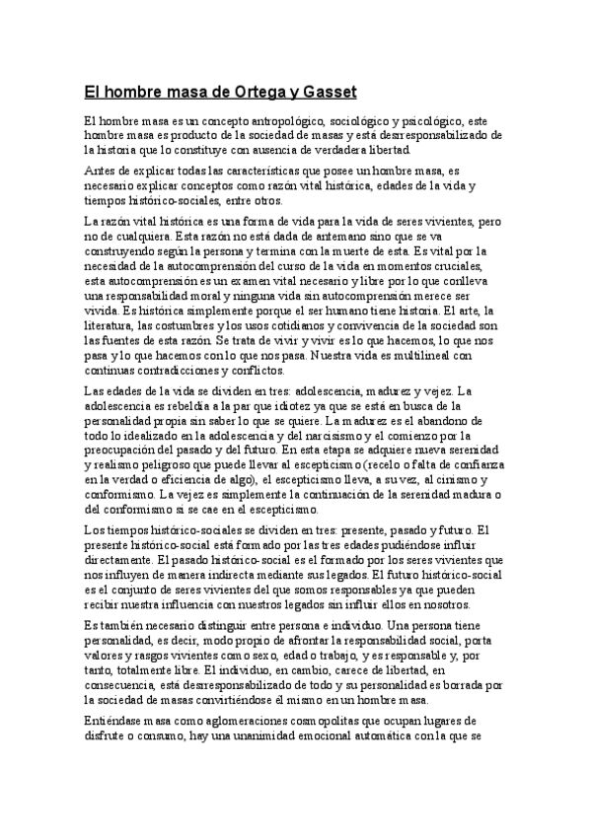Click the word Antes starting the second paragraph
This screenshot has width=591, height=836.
[x=100, y=170]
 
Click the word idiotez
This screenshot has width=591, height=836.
[x=313, y=406]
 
